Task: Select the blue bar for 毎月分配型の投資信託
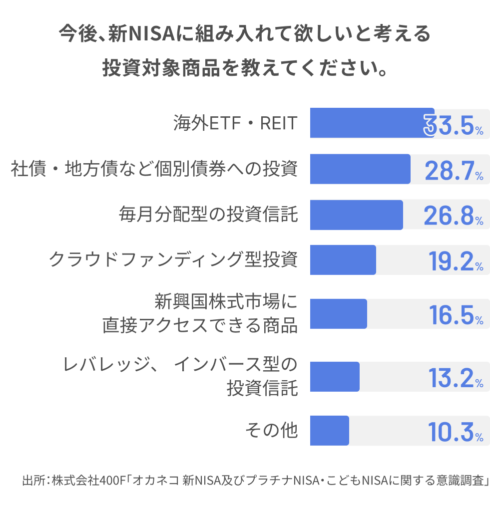tap(356, 215)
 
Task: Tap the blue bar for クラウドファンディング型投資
tap(343, 260)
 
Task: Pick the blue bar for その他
tap(329, 431)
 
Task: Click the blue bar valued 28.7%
tap(360, 169)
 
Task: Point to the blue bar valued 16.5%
tap(338, 314)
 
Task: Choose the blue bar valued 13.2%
tap(335, 377)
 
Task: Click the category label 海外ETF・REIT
tap(235, 123)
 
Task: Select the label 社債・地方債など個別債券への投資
tap(154, 169)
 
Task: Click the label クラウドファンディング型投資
tap(173, 260)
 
